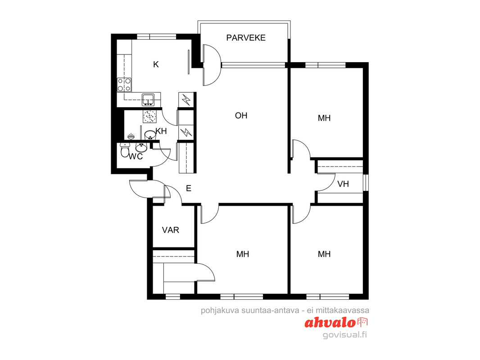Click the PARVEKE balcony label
[246, 38]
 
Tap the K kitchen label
[156, 64]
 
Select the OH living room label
[241, 116]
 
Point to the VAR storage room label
[171, 230]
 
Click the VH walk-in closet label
[343, 184]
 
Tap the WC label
[136, 157]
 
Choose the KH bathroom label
[161, 131]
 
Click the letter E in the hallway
[189, 189]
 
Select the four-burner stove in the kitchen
[124, 85]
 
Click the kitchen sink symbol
[148, 99]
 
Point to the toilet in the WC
[125, 150]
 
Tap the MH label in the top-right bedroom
[324, 118]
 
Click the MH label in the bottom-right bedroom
[324, 254]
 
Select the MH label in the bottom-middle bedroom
[242, 254]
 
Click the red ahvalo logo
[336, 322]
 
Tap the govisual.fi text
[345, 335]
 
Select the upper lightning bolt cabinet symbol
[186, 100]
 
